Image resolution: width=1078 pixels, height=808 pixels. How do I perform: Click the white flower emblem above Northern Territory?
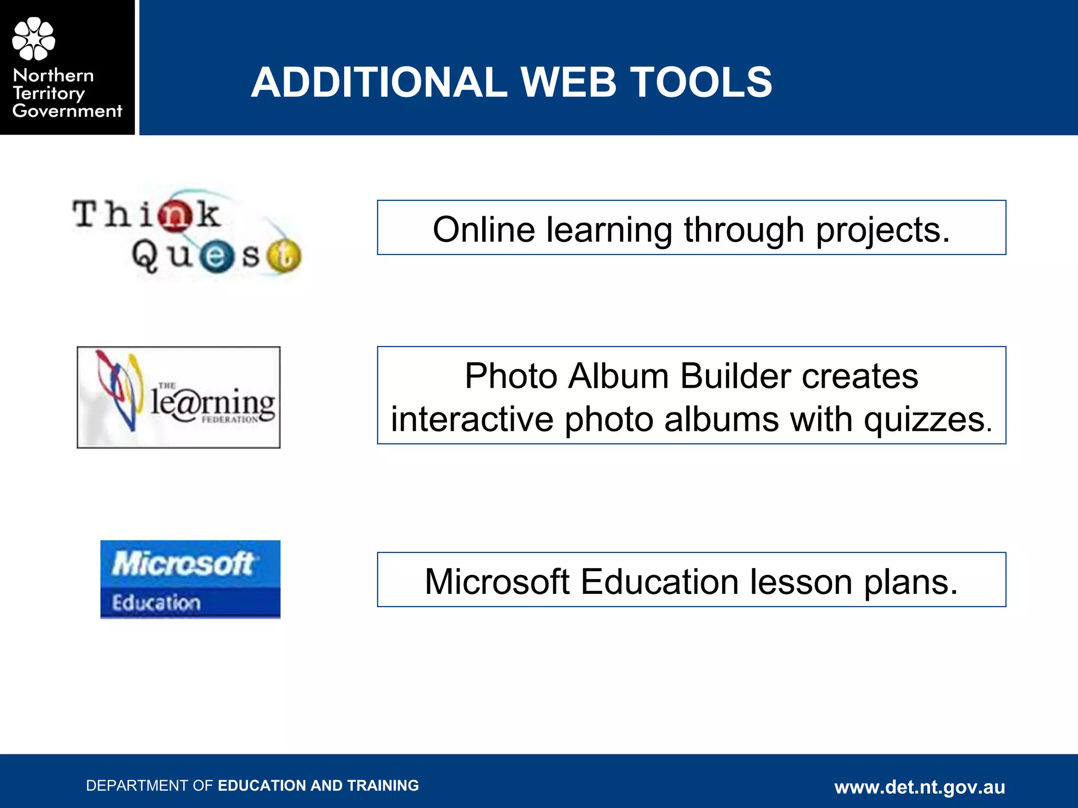coord(33,38)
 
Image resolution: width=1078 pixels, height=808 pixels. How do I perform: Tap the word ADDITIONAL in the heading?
coord(379,83)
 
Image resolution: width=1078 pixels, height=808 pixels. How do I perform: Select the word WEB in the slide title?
coord(568,83)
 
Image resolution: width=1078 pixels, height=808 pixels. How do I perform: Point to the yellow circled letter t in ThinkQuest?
coord(284,257)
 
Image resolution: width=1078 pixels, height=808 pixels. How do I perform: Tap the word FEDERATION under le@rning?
coord(229,420)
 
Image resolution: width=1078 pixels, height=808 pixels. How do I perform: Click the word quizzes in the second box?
coord(927,420)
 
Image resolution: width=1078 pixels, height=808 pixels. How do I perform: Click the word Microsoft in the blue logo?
coord(183,564)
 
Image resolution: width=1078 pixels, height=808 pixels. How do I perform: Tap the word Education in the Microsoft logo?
coord(156,603)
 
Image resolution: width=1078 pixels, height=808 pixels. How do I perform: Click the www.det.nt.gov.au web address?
coord(920,787)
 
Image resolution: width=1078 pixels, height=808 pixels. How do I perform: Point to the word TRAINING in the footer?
coord(383,785)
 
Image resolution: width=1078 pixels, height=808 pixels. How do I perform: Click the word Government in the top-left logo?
coord(67,111)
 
